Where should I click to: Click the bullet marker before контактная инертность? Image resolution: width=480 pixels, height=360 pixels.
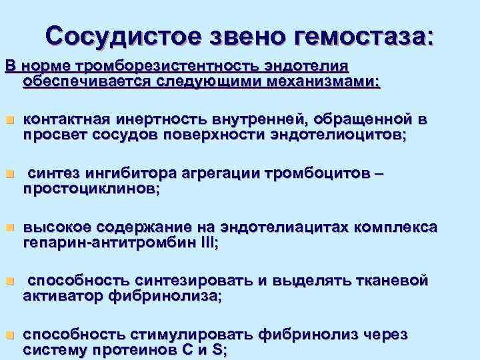click(x=9, y=121)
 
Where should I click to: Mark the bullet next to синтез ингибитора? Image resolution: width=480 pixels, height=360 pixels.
click(x=9, y=175)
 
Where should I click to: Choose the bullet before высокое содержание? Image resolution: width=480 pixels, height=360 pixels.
click(x=9, y=228)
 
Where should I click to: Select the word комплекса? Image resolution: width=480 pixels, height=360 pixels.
click(x=396, y=227)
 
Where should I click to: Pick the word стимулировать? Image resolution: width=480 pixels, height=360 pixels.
click(x=172, y=334)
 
